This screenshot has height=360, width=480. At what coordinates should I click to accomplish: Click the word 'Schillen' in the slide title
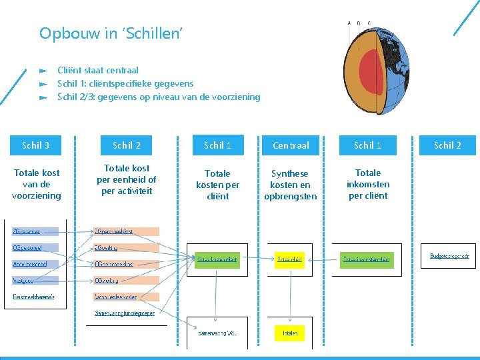pyautogui.click(x=153, y=33)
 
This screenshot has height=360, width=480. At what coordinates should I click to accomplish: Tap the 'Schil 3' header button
pyautogui.click(x=36, y=145)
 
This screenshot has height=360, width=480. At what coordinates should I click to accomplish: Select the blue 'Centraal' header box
pyautogui.click(x=291, y=145)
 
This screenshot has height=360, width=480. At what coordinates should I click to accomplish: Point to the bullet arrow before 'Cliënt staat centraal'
pyautogui.click(x=43, y=70)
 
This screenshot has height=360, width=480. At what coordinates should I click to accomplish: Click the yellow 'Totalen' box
pyautogui.click(x=290, y=332)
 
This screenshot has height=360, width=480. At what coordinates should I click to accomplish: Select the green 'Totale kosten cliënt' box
pyautogui.click(x=217, y=259)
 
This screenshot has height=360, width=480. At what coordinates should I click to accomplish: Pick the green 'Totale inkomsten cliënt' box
pyautogui.click(x=367, y=259)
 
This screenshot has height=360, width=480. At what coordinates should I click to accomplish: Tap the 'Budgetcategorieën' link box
pyautogui.click(x=449, y=255)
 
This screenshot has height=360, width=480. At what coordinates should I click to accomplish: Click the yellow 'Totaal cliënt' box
pyautogui.click(x=290, y=259)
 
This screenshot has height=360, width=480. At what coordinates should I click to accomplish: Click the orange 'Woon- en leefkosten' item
pyautogui.click(x=126, y=297)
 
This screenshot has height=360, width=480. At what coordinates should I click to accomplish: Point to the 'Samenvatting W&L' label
pyautogui.click(x=217, y=332)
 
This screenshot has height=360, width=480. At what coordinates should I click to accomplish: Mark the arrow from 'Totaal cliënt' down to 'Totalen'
pyautogui.click(x=290, y=297)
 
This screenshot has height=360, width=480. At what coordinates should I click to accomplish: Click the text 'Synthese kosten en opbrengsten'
pyautogui.click(x=291, y=185)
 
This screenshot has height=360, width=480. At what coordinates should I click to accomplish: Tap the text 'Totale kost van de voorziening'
pyautogui.click(x=37, y=184)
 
